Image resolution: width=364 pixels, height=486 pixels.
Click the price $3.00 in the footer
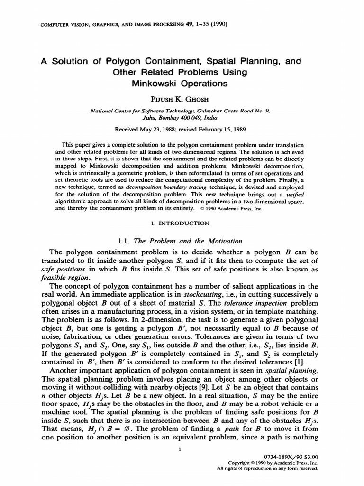tap(309, 455)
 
